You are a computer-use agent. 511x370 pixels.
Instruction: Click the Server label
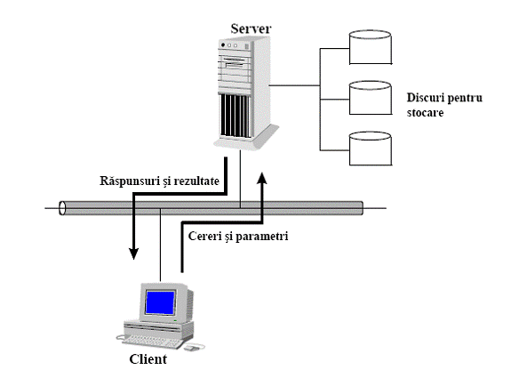[251, 28]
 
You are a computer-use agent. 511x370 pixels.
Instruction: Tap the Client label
[148, 359]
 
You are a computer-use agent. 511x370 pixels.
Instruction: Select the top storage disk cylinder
[371, 47]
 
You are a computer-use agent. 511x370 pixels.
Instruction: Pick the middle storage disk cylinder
[371, 98]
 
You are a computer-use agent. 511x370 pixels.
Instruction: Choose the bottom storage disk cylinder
[371, 149]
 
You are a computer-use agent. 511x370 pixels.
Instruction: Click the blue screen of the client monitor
[160, 302]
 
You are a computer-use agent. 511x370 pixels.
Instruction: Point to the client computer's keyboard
[152, 342]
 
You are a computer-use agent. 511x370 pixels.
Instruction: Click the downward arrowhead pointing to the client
[133, 253]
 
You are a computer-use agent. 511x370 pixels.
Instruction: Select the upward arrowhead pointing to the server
[262, 178]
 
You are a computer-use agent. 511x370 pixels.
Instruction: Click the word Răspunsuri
[130, 181]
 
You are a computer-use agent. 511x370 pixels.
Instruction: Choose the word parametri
[262, 237]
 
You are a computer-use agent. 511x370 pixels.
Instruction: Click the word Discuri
[425, 98]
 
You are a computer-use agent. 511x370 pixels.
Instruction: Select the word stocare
[425, 113]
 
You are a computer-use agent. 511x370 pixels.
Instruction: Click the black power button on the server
[223, 44]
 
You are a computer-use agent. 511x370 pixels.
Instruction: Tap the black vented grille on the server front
[236, 116]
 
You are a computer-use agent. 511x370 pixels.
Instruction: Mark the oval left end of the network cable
[62, 208]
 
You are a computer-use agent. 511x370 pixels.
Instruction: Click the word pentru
[465, 98]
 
